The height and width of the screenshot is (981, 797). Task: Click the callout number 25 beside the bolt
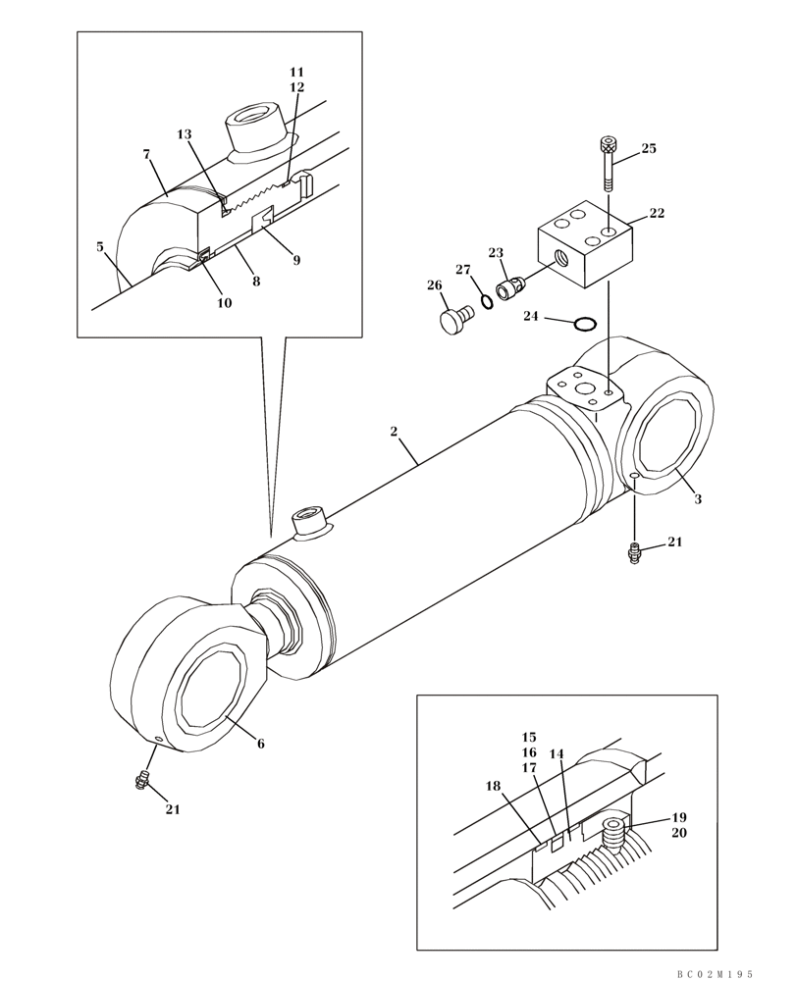click(649, 149)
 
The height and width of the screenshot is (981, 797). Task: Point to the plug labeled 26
click(453, 320)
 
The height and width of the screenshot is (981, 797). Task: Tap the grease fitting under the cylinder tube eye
click(634, 553)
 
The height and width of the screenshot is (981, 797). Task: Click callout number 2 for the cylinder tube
click(393, 431)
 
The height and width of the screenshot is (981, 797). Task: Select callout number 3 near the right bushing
click(698, 499)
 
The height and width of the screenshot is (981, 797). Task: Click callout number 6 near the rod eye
click(261, 744)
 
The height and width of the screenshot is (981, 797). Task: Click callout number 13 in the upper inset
click(185, 134)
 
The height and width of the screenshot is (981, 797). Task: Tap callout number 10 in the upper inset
click(224, 303)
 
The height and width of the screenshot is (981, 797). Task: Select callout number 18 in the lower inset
click(493, 786)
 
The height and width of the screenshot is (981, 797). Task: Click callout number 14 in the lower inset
click(557, 754)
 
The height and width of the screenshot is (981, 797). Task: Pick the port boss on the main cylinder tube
click(310, 520)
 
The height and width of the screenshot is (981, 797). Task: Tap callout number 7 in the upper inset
click(146, 154)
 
